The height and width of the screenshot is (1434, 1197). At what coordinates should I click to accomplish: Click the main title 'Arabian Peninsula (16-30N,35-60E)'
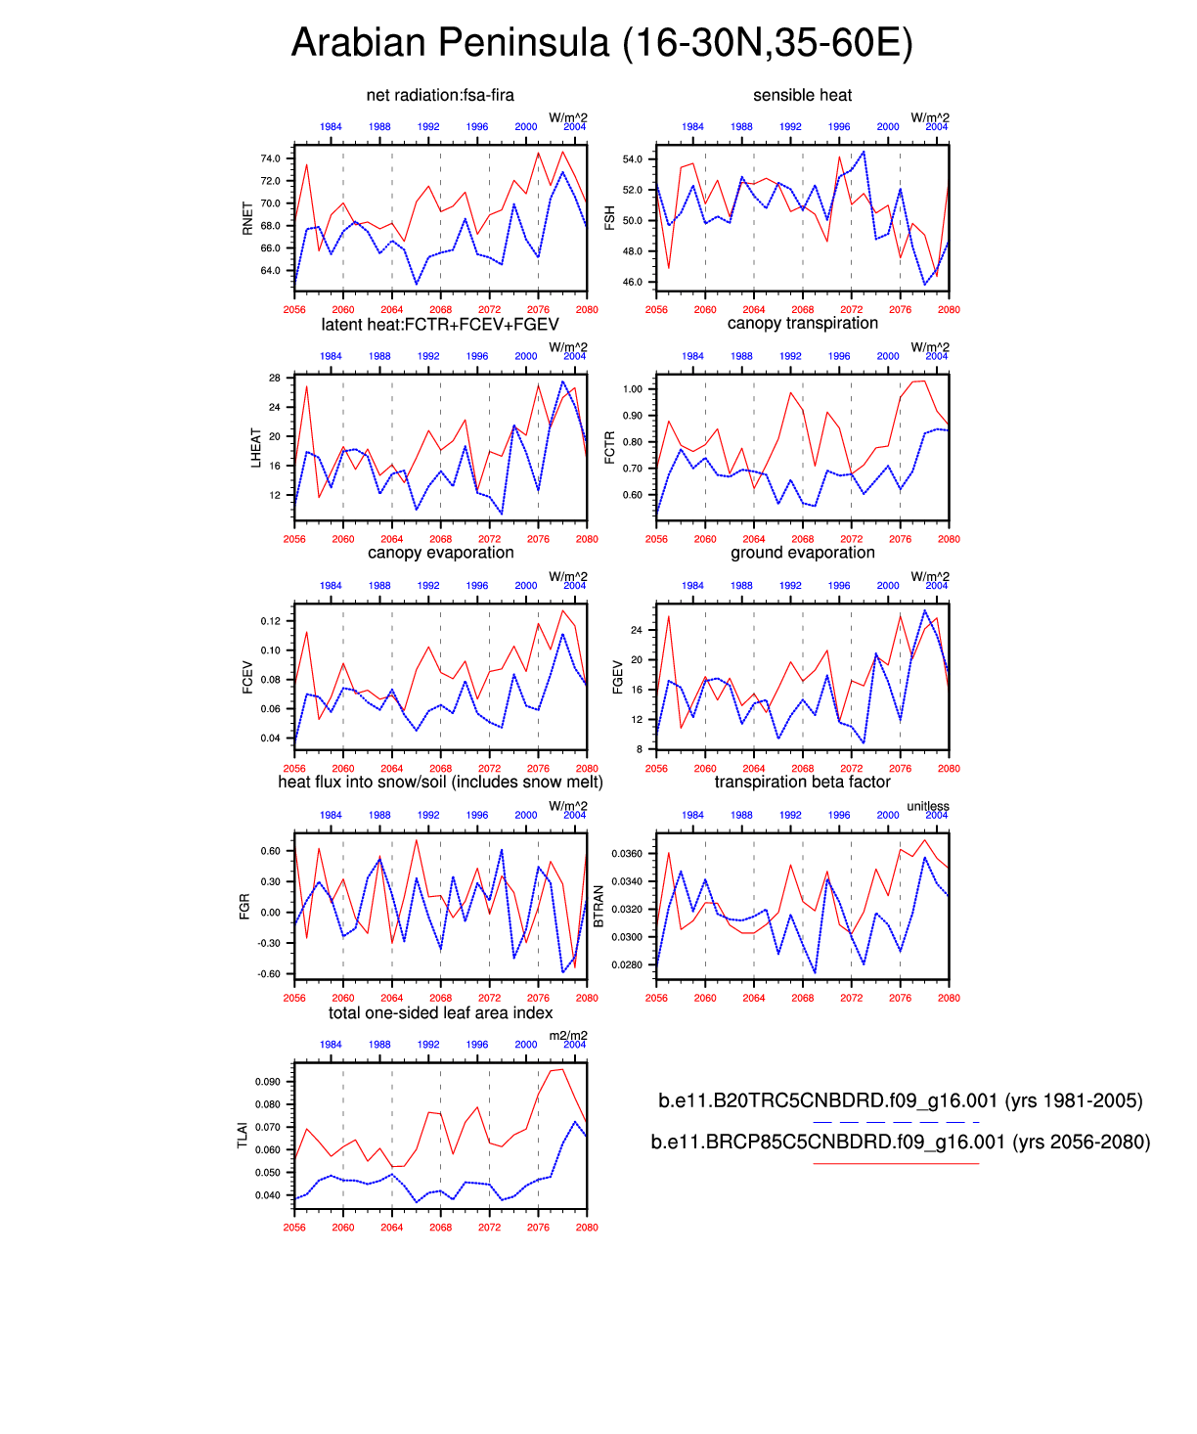pos(601,43)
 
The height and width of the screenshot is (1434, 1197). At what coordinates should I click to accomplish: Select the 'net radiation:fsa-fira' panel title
pos(440,95)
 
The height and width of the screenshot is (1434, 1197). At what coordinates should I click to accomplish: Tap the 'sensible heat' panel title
pos(802,95)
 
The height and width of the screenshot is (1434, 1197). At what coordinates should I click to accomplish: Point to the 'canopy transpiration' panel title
pos(802,324)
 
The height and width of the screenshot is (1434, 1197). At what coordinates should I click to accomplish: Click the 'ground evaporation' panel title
pos(802,553)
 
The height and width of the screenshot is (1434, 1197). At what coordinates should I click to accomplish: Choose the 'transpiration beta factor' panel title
pos(802,782)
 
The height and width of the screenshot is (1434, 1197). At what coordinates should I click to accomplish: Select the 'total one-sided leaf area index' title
pos(440,1012)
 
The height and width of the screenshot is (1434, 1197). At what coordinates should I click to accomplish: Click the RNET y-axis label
pos(247,218)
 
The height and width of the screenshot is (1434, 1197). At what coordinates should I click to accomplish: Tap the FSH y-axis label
pos(610,218)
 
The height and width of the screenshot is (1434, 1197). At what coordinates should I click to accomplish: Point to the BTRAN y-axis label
pos(599,907)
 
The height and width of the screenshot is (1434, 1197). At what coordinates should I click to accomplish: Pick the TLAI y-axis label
pos(243,1136)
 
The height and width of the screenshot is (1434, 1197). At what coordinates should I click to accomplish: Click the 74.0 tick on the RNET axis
pos(270,158)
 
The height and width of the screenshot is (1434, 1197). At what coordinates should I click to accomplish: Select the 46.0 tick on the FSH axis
pos(633,282)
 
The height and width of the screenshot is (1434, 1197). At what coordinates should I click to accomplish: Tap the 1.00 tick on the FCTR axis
pos(632,389)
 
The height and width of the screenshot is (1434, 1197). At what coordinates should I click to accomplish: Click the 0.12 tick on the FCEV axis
pos(270,621)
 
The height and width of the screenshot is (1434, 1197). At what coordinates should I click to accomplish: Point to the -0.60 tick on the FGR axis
pos(268,974)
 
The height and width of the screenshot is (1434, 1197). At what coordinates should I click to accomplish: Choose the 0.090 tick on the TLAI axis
pos(268,1082)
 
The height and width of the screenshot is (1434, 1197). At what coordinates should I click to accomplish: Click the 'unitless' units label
pos(927,806)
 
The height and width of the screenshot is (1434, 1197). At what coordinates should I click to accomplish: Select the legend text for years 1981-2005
pos(900,1100)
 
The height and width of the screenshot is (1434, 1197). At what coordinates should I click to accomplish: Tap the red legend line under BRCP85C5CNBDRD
pos(895,1163)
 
